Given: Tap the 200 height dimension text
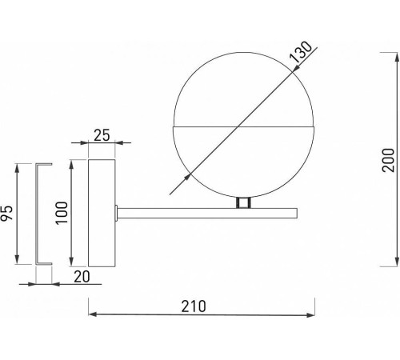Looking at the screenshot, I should (387, 159).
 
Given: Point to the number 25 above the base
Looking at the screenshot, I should (102, 134).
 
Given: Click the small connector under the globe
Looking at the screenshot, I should (243, 203).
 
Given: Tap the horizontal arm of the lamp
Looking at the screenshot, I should (208, 212).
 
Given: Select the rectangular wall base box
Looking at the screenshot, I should (101, 213).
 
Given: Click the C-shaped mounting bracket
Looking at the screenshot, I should (42, 214).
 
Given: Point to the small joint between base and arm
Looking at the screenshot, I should (118, 212).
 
